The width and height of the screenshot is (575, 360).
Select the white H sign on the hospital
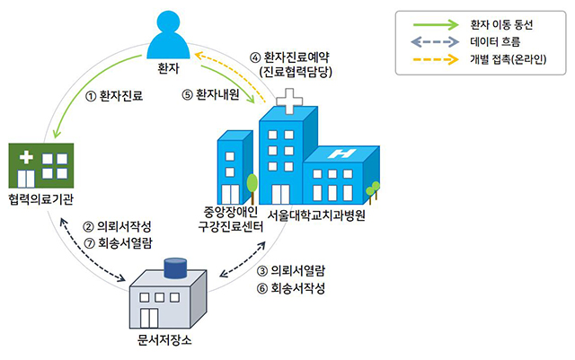[x=341, y=154]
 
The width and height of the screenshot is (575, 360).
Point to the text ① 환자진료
[x=114, y=93]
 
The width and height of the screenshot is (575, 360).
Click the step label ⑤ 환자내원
[x=215, y=93]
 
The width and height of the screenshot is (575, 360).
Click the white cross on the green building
[x=27, y=158]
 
